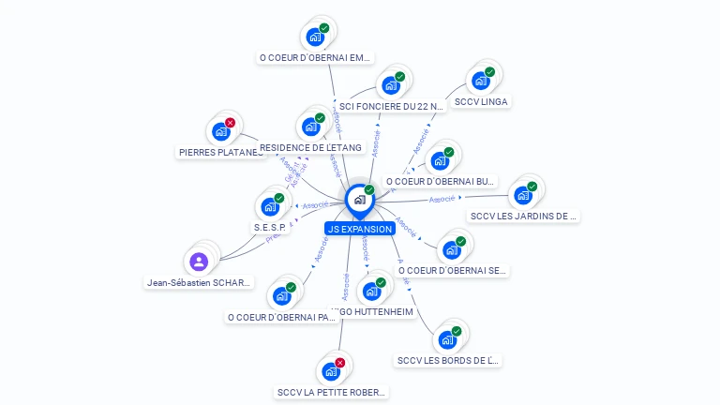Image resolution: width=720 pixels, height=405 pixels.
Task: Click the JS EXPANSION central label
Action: [359, 229]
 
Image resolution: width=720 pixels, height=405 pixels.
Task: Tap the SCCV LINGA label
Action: [482, 101]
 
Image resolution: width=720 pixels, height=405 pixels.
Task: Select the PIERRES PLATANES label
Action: [221, 152]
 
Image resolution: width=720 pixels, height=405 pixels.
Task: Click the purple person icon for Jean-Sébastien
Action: [199, 262]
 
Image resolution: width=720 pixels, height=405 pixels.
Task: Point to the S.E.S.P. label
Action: [270, 228]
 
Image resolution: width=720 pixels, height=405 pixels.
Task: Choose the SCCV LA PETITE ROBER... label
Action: [331, 392]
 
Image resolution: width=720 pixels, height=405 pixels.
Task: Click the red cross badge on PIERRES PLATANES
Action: [230, 122]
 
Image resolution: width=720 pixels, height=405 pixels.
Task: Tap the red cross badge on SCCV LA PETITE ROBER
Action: [339, 362]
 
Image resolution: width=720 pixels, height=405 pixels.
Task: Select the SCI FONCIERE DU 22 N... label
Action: [391, 107]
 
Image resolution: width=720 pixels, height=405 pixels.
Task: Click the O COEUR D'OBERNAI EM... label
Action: [315, 57]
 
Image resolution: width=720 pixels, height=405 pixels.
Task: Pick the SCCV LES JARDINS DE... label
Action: [524, 216]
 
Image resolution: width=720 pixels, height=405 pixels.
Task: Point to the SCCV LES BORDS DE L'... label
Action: [449, 360]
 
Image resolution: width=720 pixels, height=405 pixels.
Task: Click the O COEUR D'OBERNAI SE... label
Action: [453, 270]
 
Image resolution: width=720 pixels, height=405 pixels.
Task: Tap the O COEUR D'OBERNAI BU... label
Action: [441, 181]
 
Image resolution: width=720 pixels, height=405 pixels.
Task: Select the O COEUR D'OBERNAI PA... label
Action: [281, 317]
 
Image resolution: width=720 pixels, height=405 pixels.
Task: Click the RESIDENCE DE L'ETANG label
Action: [310, 148]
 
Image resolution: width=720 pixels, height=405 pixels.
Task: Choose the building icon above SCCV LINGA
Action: [481, 81]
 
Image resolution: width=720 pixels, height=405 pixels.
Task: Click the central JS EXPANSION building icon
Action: [359, 200]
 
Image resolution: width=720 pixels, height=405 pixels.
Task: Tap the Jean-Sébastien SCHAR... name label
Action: [200, 282]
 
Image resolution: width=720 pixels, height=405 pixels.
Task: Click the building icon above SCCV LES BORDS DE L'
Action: [447, 339]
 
